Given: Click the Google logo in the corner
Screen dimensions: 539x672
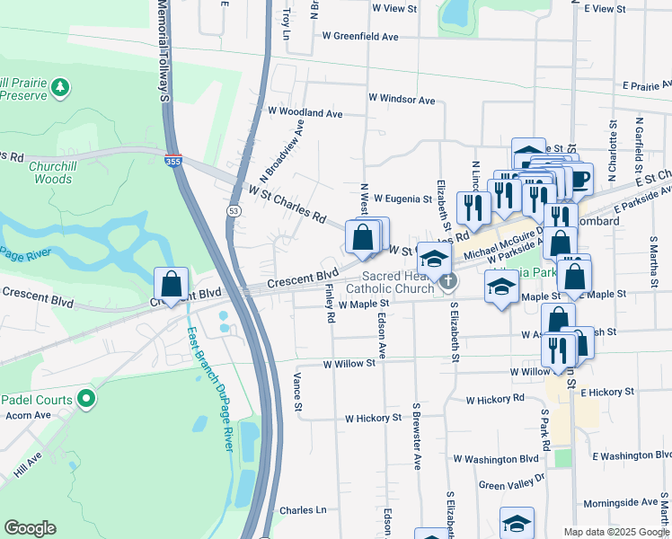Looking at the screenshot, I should [31, 528].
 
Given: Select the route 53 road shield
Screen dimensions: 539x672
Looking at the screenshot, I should [234, 210].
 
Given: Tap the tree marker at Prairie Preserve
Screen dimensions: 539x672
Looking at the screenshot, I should [60, 87].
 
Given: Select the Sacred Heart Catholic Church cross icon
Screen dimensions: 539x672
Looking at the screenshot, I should [446, 282].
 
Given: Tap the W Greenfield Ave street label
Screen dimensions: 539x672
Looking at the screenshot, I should [359, 38].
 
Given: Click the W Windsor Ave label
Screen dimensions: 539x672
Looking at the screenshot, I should [401, 100].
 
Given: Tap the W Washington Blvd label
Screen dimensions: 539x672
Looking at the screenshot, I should [495, 459].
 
